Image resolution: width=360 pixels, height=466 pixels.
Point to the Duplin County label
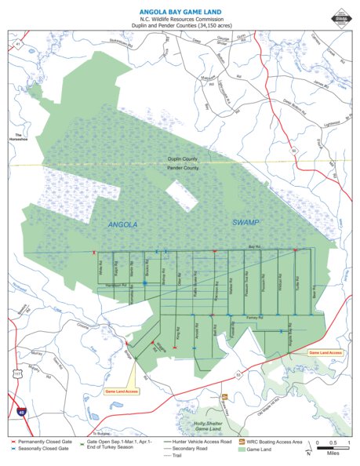tap(184, 158)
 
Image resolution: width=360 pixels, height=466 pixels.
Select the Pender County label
tap(184, 168)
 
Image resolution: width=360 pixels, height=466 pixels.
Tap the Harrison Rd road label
tap(115, 285)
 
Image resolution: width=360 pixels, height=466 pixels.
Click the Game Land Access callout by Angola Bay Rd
tap(325, 353)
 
